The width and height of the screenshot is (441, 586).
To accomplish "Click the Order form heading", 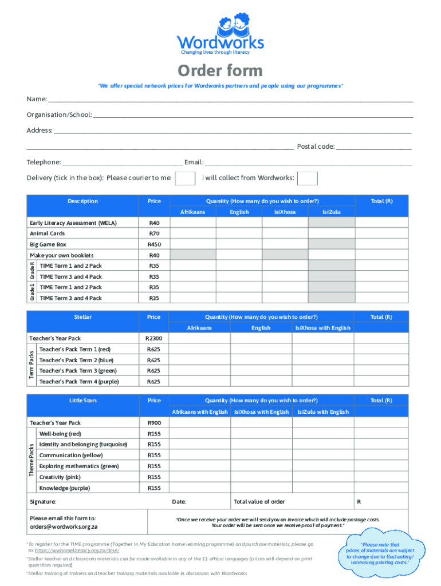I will (220, 71).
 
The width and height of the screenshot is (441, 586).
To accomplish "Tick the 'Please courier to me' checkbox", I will (185, 178).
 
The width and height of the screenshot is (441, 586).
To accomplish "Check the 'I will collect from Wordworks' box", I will (308, 178).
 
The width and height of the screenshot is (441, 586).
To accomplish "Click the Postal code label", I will (316, 146).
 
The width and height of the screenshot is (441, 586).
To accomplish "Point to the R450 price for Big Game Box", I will (154, 244).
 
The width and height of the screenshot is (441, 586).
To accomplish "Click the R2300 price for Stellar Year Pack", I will (154, 338).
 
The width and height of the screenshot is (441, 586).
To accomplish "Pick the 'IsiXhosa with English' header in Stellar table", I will (322, 328).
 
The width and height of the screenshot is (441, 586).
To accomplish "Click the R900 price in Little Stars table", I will (154, 422).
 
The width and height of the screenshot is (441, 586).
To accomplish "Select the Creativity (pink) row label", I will (60, 477).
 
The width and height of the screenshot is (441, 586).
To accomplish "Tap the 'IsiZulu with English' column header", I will (322, 412).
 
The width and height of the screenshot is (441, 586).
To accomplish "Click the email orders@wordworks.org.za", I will (64, 526).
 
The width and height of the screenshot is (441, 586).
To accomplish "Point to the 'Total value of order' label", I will (259, 502).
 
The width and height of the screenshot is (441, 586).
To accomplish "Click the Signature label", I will (43, 502).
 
